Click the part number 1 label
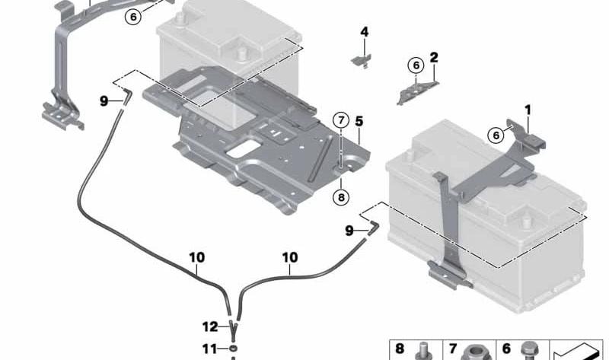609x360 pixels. tap(528, 110)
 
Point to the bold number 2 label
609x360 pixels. tap(434, 58)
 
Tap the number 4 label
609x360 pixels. tap(365, 32)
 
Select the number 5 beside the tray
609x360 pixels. tap(359, 121)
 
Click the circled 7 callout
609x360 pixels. tap(341, 120)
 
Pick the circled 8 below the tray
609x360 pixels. tap(341, 198)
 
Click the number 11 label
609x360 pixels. tap(209, 349)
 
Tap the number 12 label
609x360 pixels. tap(210, 327)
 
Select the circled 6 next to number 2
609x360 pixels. tap(416, 65)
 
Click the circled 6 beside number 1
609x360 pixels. tap(496, 135)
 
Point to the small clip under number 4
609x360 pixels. tap(362, 62)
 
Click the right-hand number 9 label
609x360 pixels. tap(349, 231)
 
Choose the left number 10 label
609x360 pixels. tap(197, 257)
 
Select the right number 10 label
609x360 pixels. tap(290, 257)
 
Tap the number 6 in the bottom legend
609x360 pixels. tap(506, 349)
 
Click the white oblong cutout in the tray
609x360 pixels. tap(243, 149)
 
